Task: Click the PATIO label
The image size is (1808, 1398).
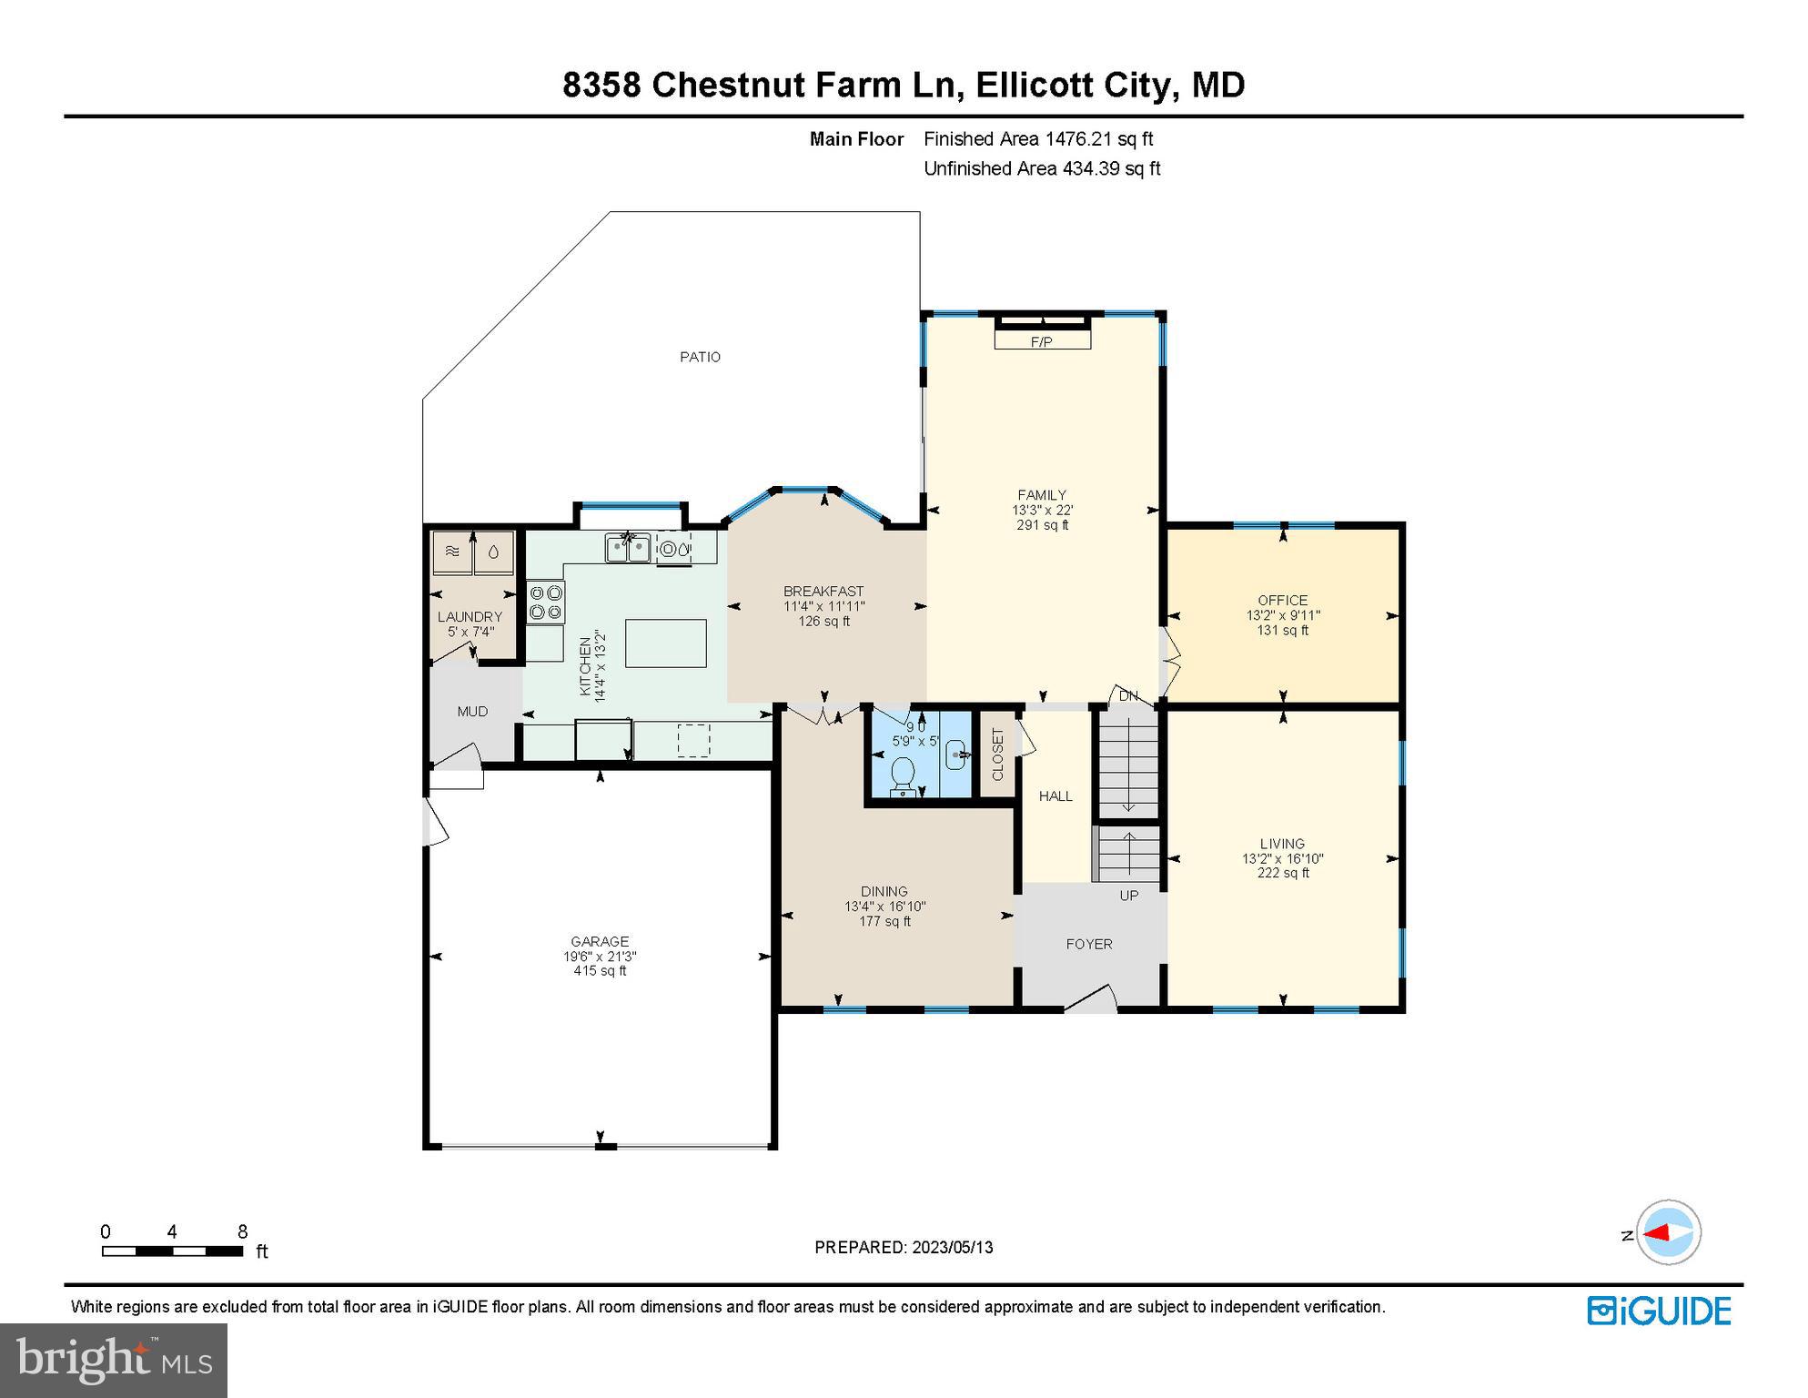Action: click(700, 357)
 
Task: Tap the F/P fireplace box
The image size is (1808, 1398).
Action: click(1042, 341)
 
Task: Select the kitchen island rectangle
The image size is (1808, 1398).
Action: click(666, 643)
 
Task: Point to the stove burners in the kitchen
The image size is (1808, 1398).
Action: click(546, 603)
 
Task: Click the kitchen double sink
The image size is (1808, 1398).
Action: click(628, 548)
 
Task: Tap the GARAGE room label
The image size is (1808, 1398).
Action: click(600, 941)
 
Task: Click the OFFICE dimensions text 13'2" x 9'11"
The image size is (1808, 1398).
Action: click(1283, 615)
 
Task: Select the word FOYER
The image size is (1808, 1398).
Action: click(1089, 944)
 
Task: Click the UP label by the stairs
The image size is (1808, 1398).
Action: click(1129, 896)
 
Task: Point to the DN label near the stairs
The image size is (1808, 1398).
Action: click(1128, 696)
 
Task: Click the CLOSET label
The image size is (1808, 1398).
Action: click(997, 755)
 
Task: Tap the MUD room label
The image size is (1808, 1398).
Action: click(472, 712)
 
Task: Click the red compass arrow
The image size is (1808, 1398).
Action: click(1659, 1233)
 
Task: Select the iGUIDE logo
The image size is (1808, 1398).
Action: click(1659, 1311)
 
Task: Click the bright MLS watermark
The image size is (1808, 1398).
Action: click(114, 1360)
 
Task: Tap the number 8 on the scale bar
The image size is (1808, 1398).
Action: click(242, 1231)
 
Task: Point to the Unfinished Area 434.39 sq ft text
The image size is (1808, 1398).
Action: click(1042, 168)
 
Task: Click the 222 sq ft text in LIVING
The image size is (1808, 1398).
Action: click(1283, 873)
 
